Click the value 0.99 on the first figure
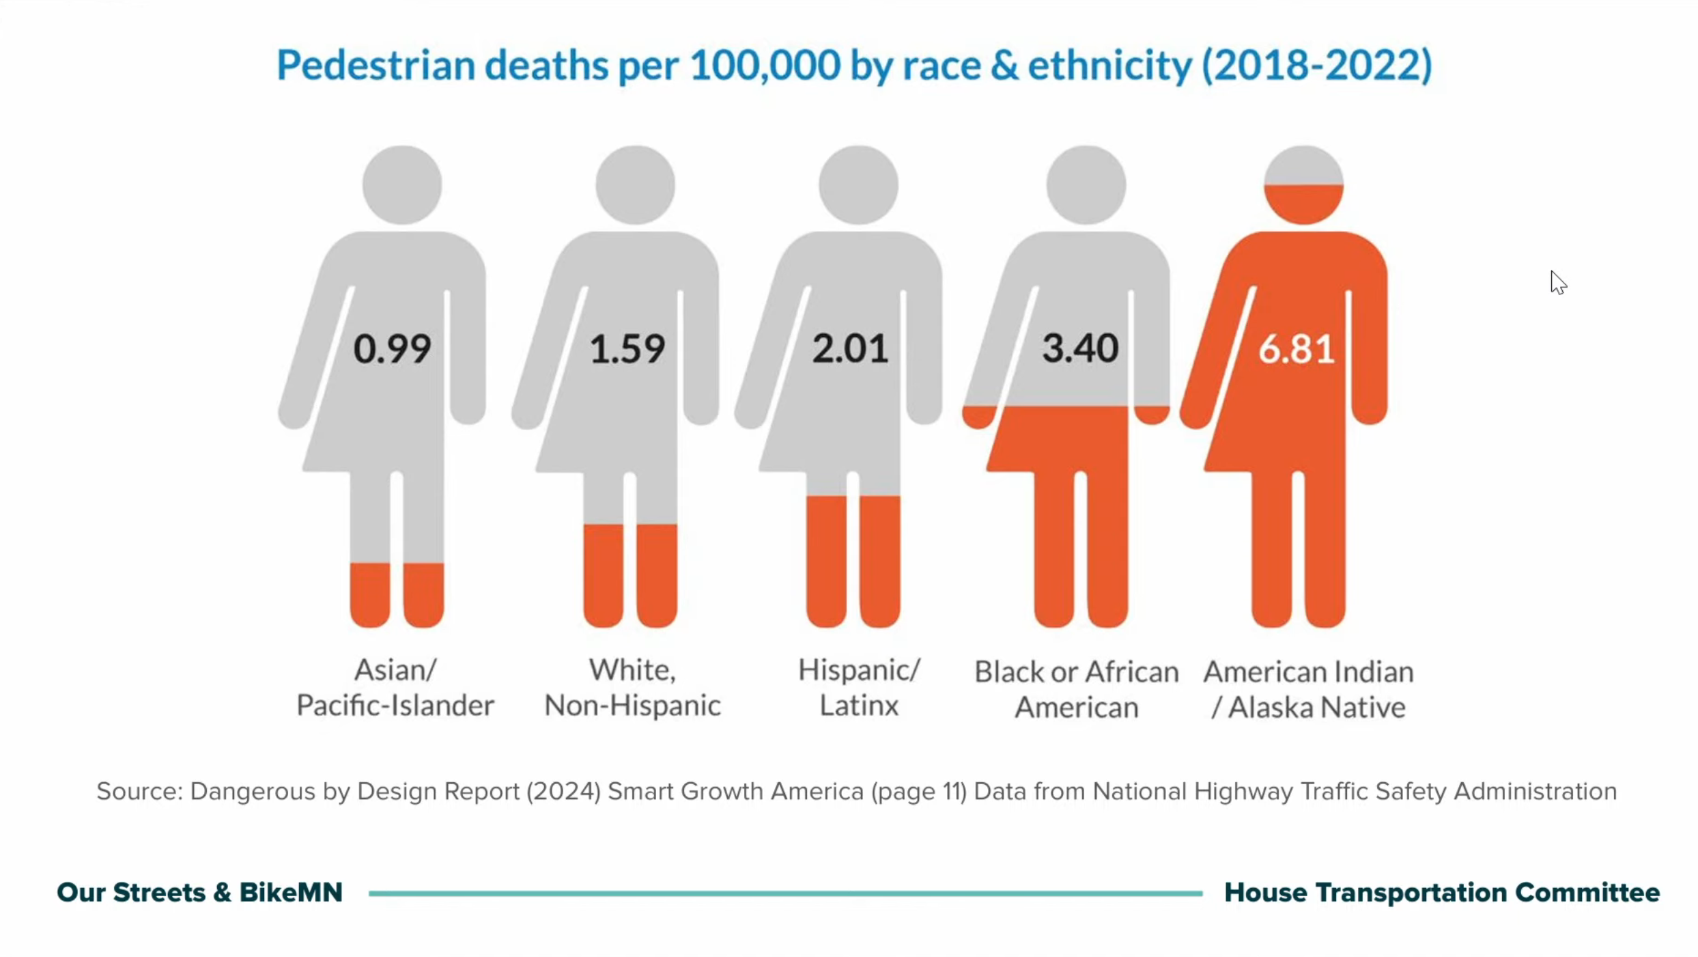point(392,348)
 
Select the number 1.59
point(627,348)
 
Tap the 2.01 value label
point(850,348)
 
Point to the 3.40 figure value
point(1080,348)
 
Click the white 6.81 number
point(1296,349)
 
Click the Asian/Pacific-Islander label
point(395,688)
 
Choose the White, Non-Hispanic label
point(632,688)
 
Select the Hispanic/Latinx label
point(859,688)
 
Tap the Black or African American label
point(1076,689)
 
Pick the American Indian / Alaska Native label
point(1308,689)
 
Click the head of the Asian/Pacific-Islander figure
point(402,184)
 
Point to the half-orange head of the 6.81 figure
point(1303,184)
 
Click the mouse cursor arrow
point(1557,281)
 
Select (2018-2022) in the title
point(1316,66)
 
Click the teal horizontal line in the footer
point(785,893)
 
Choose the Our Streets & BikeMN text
point(199,893)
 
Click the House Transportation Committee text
point(1441,893)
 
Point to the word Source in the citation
point(139,792)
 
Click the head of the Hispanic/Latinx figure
point(858,184)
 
